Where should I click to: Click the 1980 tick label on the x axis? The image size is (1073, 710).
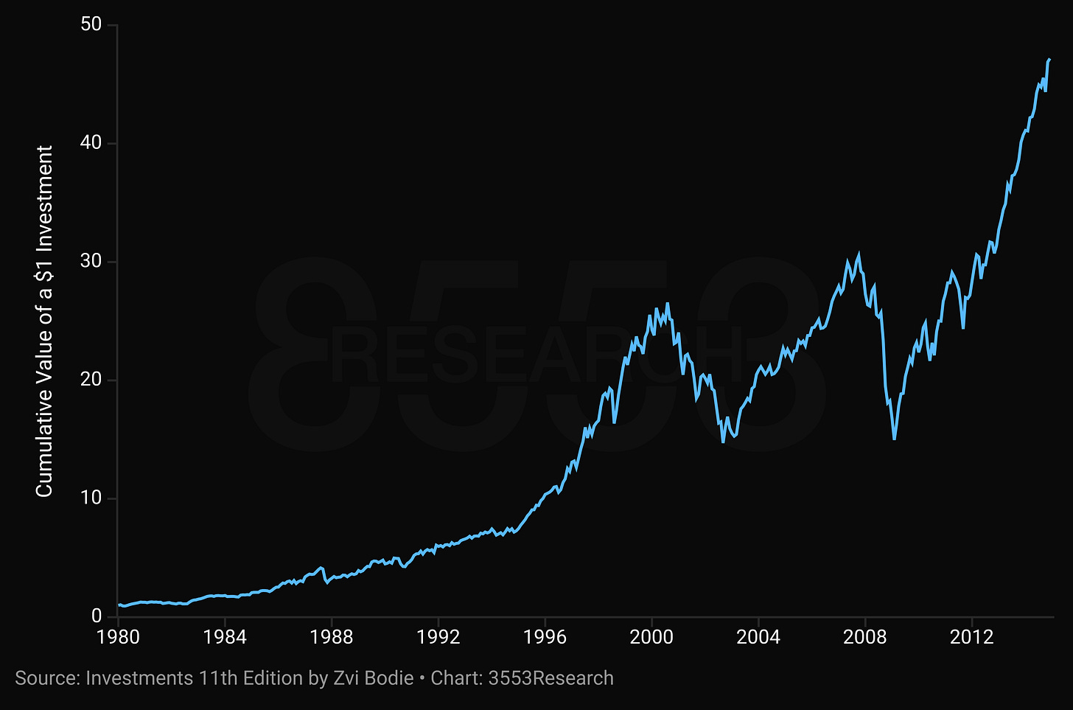[x=118, y=637]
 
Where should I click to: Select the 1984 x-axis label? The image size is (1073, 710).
[x=225, y=637]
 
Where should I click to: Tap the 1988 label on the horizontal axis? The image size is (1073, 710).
[x=332, y=637]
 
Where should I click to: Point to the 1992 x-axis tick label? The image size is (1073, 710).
[x=438, y=637]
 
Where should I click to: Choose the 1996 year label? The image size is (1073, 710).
[x=545, y=637]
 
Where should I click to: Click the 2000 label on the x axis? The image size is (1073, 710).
[x=651, y=637]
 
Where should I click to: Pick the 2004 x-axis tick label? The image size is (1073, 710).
[x=758, y=637]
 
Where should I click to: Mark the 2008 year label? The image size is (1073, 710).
[x=865, y=637]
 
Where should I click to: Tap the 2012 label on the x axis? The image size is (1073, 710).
[x=972, y=637]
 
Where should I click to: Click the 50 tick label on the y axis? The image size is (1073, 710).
[x=91, y=24]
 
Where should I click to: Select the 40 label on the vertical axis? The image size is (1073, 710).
[x=91, y=143]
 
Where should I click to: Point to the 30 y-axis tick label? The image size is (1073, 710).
[x=91, y=261]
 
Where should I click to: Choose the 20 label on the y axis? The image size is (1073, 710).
[x=91, y=380]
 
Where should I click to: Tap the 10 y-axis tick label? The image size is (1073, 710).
[x=91, y=498]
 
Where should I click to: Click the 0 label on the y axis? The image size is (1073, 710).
[x=97, y=616]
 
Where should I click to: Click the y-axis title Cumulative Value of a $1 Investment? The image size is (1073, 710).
[x=43, y=321]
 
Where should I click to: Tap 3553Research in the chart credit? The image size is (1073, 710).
[x=551, y=678]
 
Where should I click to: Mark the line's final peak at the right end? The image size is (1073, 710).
[x=1049, y=60]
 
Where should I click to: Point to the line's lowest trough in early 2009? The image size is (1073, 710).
[x=895, y=439]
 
